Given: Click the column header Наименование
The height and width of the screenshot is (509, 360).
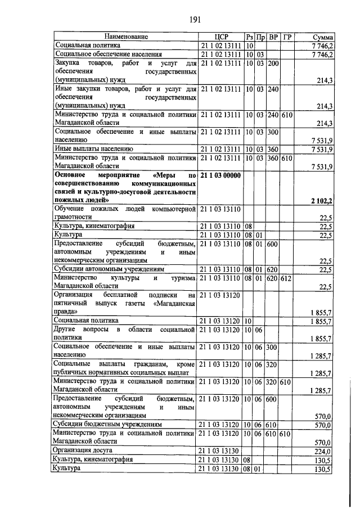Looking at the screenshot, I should [126, 37].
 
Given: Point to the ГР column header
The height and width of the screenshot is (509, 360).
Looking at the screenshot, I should [287, 37].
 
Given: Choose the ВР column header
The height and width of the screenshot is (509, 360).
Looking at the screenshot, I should [273, 37].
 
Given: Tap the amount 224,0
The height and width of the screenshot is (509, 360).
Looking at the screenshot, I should [323, 451].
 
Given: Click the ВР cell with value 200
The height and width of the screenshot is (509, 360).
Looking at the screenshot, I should [273, 64].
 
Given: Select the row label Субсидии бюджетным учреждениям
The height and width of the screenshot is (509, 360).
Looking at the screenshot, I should [107, 424].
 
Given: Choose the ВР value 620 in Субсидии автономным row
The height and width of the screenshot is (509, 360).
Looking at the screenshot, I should [273, 269].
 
